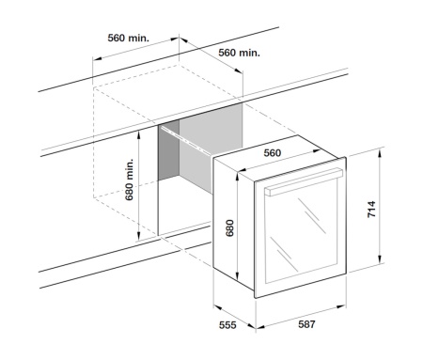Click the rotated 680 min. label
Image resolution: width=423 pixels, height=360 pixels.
tap(131, 183)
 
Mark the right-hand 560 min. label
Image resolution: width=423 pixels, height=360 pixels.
tap(239, 53)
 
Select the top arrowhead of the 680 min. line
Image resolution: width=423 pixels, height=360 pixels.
tap(139, 132)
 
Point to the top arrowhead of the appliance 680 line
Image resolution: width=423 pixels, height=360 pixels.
tap(241, 175)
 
